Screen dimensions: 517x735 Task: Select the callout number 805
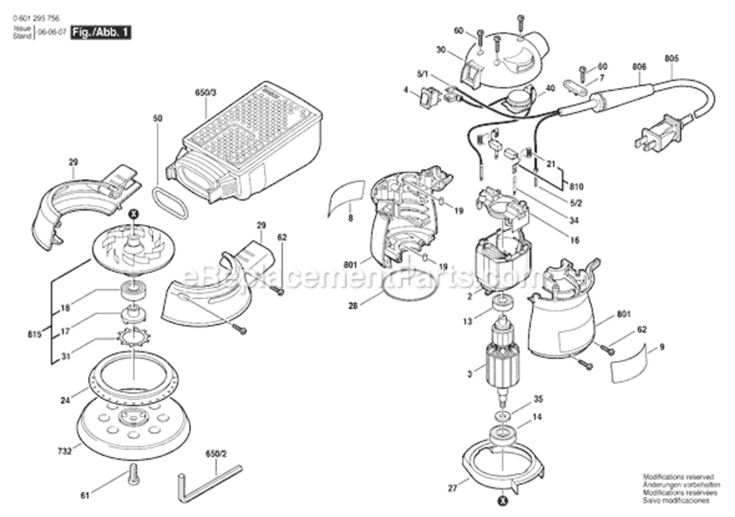click(671, 59)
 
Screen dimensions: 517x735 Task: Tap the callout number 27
click(452, 488)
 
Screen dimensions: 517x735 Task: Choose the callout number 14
click(537, 417)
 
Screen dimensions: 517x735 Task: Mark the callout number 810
click(576, 186)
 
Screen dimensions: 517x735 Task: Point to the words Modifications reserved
click(678, 476)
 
